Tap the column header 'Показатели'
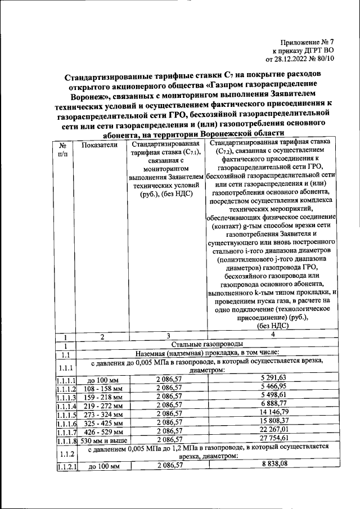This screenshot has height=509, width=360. [99, 145]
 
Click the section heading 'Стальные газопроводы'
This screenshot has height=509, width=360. [207, 344]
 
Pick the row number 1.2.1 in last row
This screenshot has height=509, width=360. [66, 467]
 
